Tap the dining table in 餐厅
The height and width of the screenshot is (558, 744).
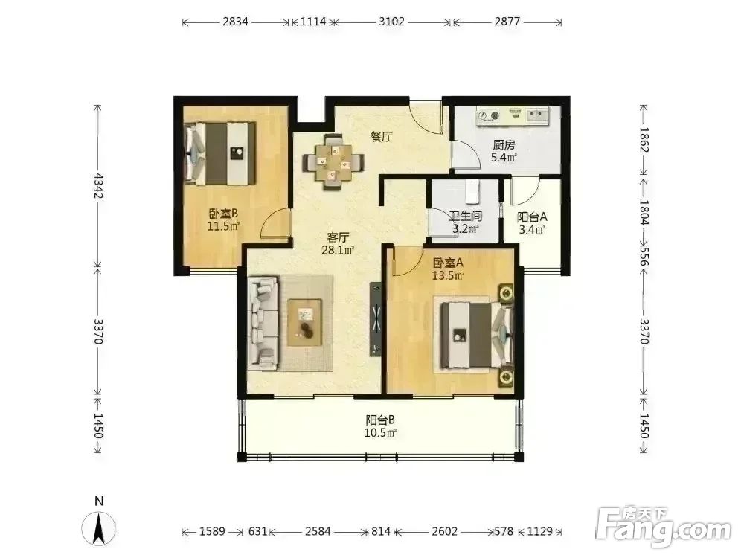(333, 163)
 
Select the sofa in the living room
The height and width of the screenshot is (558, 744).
(263, 323)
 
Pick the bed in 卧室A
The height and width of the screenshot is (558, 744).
(477, 335)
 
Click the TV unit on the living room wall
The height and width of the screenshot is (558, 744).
(376, 319)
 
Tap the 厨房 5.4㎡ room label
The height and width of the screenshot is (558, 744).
(504, 151)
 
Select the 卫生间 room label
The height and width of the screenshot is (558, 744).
(466, 217)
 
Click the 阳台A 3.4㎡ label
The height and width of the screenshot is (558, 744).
(531, 223)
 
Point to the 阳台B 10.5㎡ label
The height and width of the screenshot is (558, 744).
(380, 426)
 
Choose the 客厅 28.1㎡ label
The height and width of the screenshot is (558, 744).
(338, 243)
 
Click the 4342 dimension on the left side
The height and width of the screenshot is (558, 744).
(98, 185)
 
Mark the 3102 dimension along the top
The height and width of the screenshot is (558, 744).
(391, 22)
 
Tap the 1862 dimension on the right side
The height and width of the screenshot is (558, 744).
(644, 140)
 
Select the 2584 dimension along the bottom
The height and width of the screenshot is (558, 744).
(318, 531)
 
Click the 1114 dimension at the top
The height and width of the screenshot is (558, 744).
(313, 22)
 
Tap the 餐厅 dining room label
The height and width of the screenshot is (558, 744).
(382, 137)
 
